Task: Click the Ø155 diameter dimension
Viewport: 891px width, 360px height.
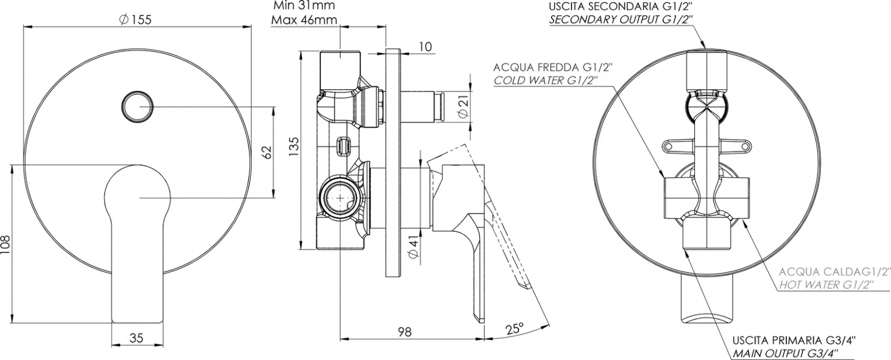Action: point(135,20)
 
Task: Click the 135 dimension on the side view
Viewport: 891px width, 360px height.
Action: point(293,148)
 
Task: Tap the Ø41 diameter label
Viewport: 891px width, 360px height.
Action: point(413,247)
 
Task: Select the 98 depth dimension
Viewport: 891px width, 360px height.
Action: point(405,331)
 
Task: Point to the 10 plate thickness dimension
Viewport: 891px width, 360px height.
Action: point(425,47)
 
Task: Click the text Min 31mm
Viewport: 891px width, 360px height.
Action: point(304,6)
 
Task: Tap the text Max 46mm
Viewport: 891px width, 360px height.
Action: point(304,20)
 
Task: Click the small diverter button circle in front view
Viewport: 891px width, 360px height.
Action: point(137,106)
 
